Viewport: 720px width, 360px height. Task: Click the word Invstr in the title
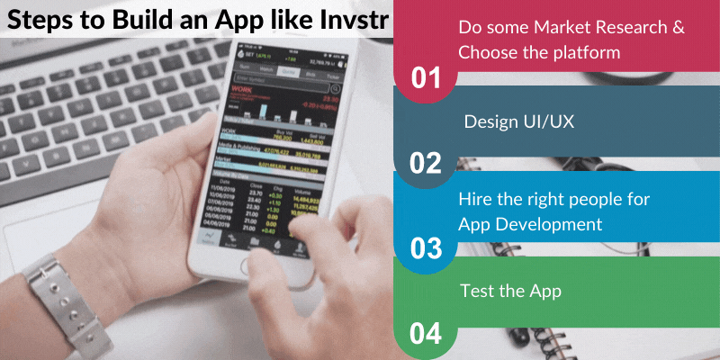click(x=346, y=19)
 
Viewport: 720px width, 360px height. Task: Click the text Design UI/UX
click(x=518, y=122)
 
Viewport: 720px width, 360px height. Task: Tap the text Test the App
click(x=510, y=291)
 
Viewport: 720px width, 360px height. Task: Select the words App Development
click(x=530, y=223)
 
